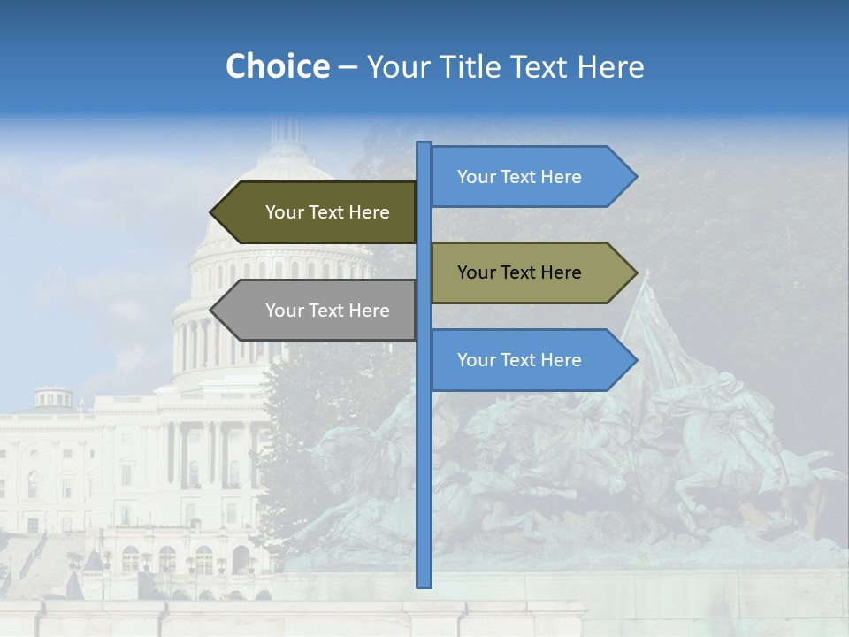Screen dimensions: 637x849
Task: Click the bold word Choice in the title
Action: (x=277, y=66)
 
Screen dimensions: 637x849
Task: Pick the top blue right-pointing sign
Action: (x=526, y=177)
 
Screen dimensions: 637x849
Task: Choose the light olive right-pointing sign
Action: (x=526, y=272)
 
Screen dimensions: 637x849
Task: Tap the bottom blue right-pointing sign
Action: (x=526, y=360)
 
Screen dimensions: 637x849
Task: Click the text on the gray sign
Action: (x=327, y=311)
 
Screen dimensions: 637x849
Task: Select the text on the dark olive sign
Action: (x=327, y=212)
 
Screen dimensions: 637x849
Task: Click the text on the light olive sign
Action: (x=519, y=272)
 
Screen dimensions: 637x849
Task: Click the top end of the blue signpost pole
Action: (x=424, y=145)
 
